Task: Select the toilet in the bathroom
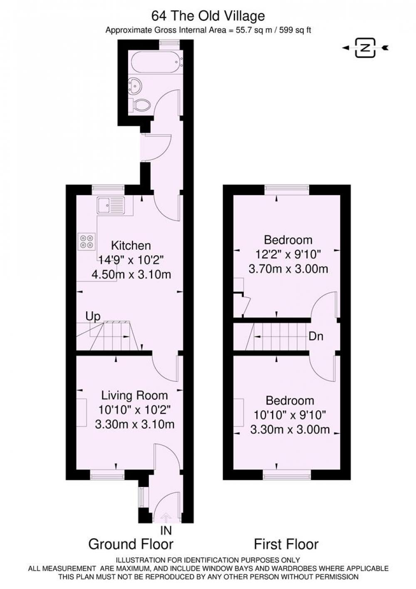click(141, 105)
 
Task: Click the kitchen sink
click(111, 205)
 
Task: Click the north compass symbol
click(365, 47)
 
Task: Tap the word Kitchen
click(131, 246)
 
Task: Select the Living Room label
click(134, 395)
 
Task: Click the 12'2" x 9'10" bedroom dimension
click(288, 254)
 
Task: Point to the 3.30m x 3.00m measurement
click(290, 430)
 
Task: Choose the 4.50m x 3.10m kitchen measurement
click(131, 274)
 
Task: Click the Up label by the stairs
click(93, 317)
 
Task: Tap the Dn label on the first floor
click(316, 336)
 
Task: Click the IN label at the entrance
click(166, 531)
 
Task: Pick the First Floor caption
click(286, 544)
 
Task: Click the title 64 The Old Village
click(208, 16)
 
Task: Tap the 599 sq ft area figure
click(295, 30)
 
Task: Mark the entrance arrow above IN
click(166, 518)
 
